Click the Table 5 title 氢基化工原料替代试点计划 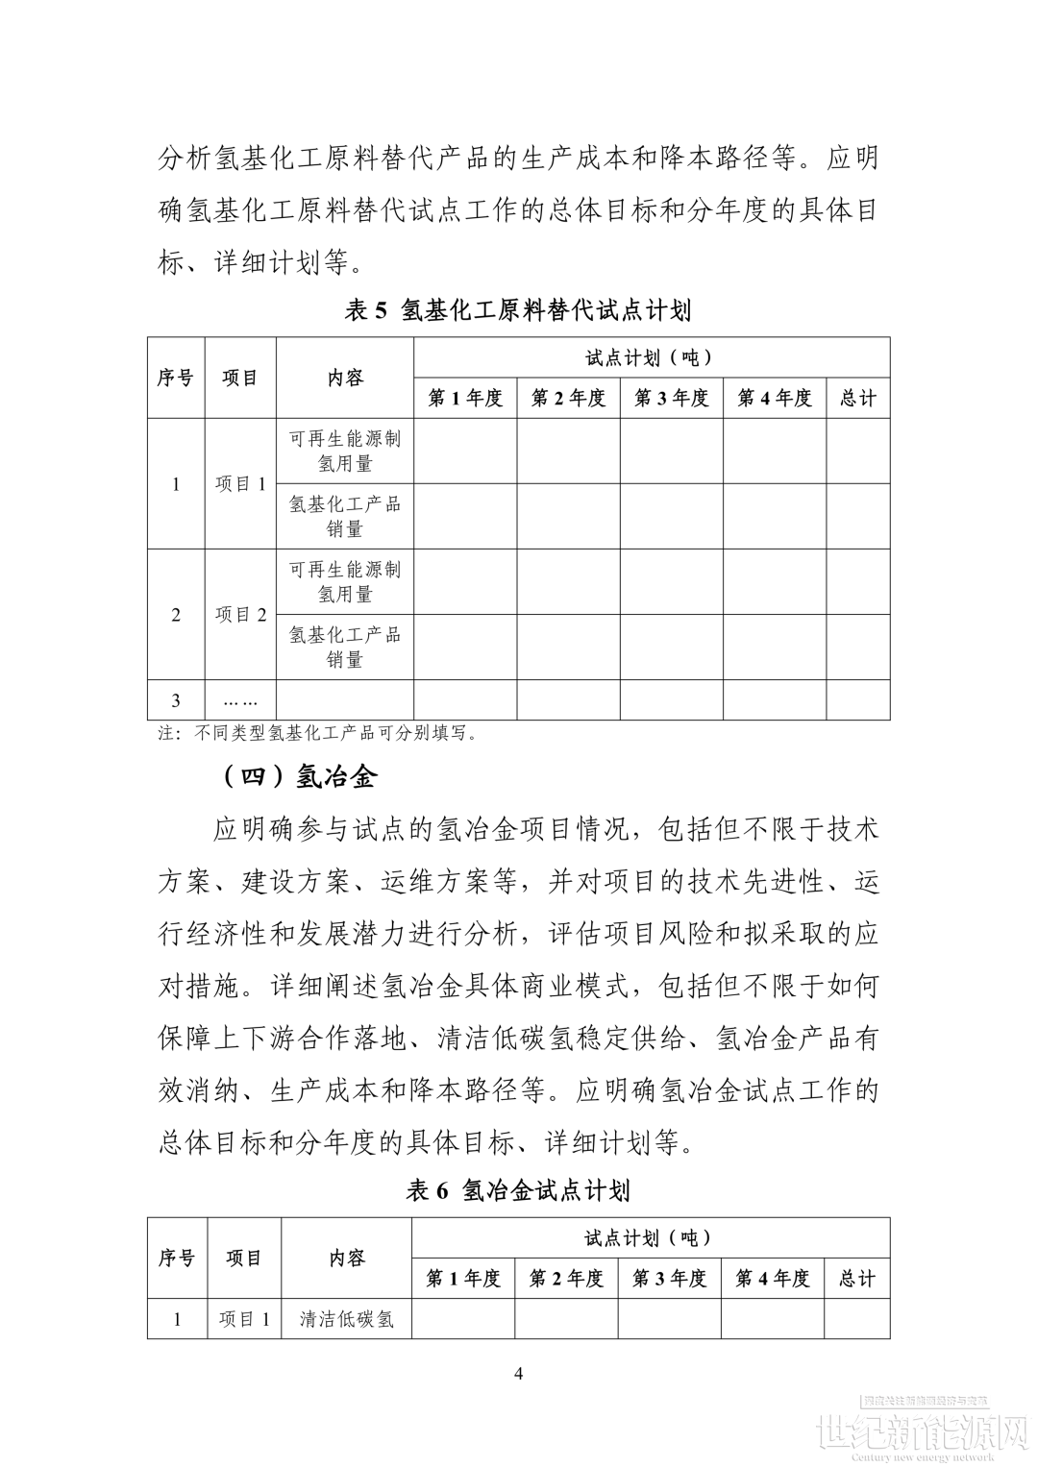coord(518,310)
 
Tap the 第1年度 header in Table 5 coord(465,398)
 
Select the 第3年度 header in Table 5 coord(671,398)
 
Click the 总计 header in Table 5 coord(857,398)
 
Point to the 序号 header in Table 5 coord(175,378)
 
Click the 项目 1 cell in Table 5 coord(240,483)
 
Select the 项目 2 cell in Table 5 coord(240,614)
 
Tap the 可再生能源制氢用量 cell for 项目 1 coord(345,451)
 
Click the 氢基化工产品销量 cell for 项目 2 coord(345,647)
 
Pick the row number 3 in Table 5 coord(175,700)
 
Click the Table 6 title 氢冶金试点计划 coord(518,1190)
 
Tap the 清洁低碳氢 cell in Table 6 coord(346,1318)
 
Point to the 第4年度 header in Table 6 coord(772,1278)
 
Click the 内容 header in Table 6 coord(346,1258)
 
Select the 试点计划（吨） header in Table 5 coord(651,357)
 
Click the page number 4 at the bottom coord(519,1373)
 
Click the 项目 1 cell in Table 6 coord(244,1318)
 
